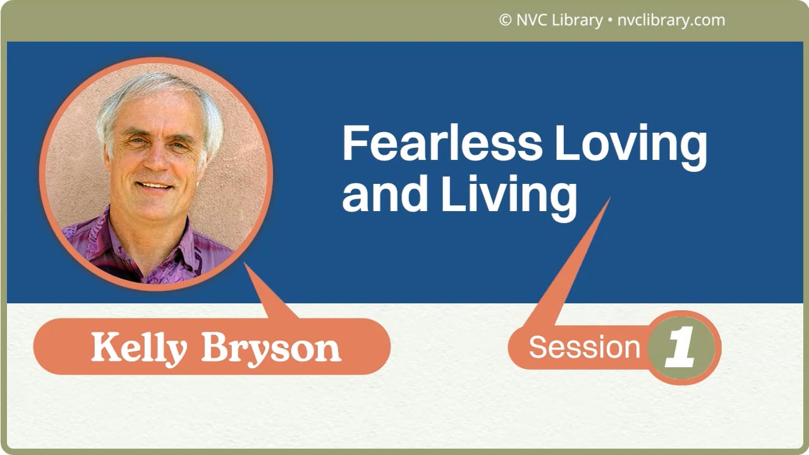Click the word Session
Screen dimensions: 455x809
click(x=584, y=348)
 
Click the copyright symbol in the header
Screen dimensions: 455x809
click(x=504, y=20)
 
